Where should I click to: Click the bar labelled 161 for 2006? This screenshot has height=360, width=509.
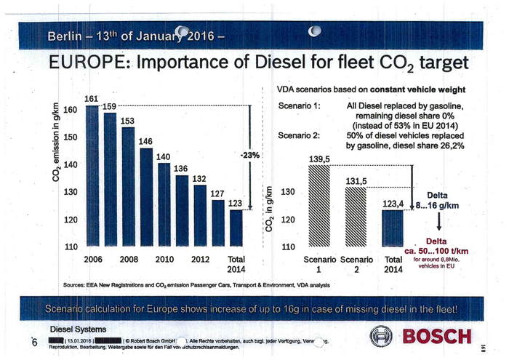[x=92, y=175]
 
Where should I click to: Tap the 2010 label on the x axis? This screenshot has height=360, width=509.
[x=164, y=259]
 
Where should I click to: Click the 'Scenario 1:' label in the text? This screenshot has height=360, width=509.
[x=299, y=106]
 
